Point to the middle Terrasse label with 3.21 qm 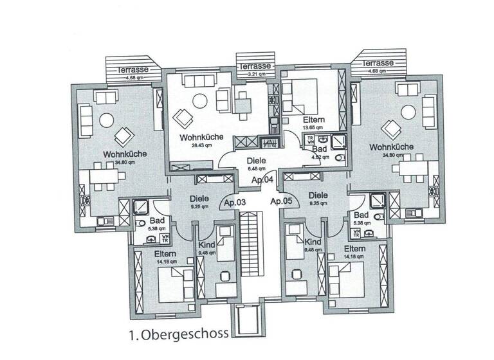point(255,66)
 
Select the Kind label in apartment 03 point(206,246)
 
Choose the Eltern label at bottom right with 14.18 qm point(354,249)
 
